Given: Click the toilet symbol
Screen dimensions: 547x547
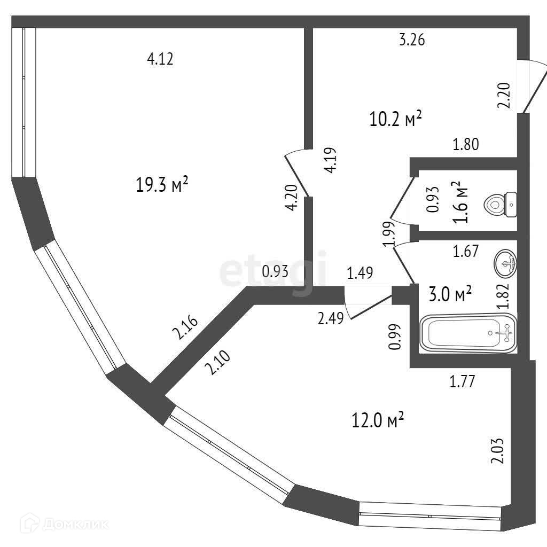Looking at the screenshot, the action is (x=500, y=204).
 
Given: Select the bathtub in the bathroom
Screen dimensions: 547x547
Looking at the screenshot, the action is (x=468, y=332).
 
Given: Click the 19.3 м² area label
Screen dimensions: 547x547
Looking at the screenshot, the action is (x=162, y=185).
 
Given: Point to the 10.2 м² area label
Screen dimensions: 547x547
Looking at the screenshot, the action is (x=396, y=119).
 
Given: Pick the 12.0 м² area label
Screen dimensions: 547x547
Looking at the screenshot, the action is (x=377, y=420).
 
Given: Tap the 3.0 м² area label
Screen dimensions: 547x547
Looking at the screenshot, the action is (x=450, y=293).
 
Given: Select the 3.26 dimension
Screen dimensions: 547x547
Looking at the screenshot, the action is (x=412, y=40).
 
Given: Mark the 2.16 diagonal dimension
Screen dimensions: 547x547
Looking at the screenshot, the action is (x=185, y=329).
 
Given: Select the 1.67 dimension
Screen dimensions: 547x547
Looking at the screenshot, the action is (x=465, y=251).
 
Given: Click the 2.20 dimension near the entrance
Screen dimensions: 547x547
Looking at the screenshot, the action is (x=504, y=96).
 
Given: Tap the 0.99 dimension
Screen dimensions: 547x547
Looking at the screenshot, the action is (x=395, y=337).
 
